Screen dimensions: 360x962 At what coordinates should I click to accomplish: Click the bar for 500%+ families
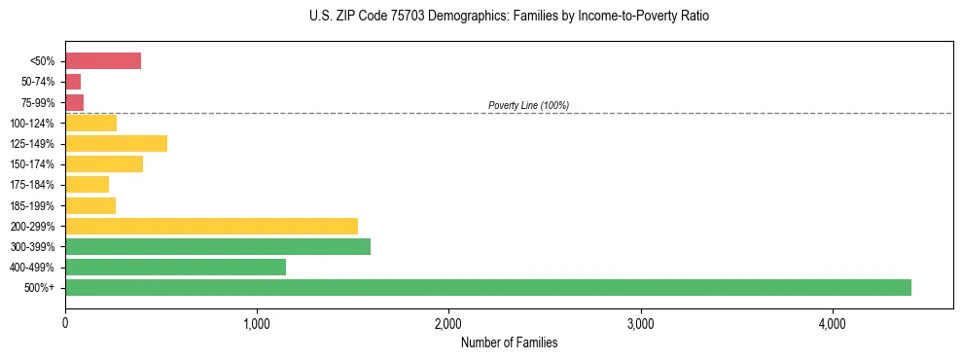pyautogui.click(x=487, y=287)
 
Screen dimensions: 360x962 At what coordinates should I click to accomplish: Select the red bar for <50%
pyautogui.click(x=103, y=61)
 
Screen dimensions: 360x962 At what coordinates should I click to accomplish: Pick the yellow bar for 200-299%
pyautogui.click(x=211, y=226)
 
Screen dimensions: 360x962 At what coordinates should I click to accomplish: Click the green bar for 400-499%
pyautogui.click(x=175, y=267)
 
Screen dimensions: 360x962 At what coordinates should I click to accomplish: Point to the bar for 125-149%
pyautogui.click(x=116, y=144)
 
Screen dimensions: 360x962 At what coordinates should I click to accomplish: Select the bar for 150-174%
pyautogui.click(x=104, y=164)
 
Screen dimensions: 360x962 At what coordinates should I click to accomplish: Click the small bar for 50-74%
pyautogui.click(x=73, y=82)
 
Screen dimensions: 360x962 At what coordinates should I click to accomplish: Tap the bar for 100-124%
pyautogui.click(x=90, y=124)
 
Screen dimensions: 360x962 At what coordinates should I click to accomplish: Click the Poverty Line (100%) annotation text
pyautogui.click(x=528, y=105)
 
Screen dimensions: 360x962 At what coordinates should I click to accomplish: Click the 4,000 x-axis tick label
pyautogui.click(x=833, y=323)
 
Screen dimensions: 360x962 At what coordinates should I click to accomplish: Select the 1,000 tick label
pyautogui.click(x=257, y=323)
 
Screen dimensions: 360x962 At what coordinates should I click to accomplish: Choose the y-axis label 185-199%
pyautogui.click(x=35, y=205)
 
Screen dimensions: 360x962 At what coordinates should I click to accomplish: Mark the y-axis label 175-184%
pyautogui.click(x=35, y=185)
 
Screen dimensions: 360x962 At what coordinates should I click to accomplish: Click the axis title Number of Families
pyautogui.click(x=509, y=342)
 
